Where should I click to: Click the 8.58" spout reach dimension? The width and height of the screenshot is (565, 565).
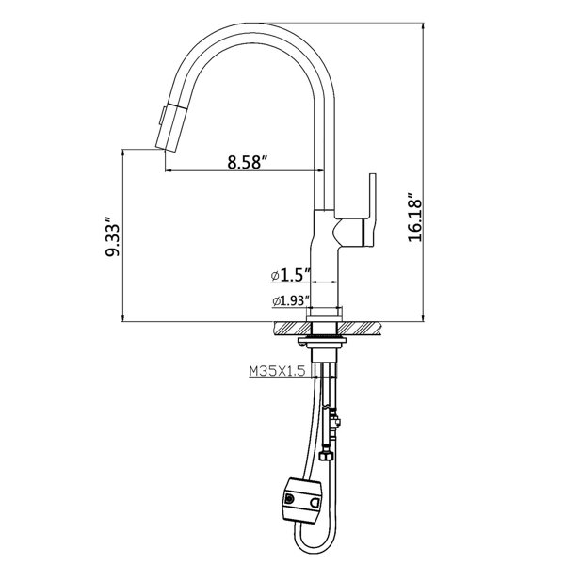pyautogui.click(x=248, y=161)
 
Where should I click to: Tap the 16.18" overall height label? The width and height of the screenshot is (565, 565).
pyautogui.click(x=417, y=219)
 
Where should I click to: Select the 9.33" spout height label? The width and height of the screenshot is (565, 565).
pyautogui.click(x=114, y=241)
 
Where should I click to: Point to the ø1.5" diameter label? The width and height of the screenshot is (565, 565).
pyautogui.click(x=290, y=274)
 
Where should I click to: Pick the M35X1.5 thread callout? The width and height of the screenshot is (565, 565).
pyautogui.click(x=277, y=372)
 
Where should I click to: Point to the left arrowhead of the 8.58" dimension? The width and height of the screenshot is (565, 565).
pyautogui.click(x=169, y=170)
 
